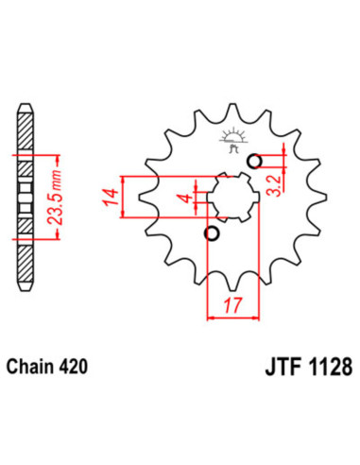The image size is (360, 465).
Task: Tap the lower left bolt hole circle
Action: tap(213, 233)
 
